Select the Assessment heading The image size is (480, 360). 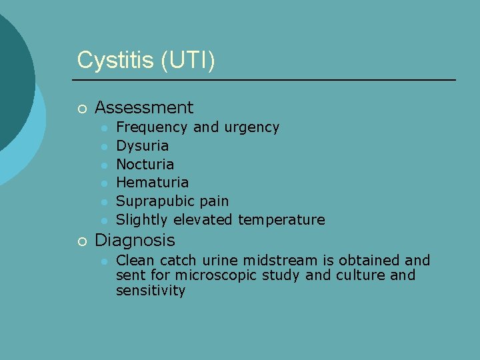click(x=144, y=107)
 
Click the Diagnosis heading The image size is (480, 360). click(x=135, y=240)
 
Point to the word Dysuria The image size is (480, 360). click(x=142, y=145)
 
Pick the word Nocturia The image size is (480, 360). click(x=145, y=164)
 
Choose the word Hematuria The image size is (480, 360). click(x=152, y=182)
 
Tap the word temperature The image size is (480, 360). click(x=281, y=219)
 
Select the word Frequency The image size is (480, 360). click(x=152, y=127)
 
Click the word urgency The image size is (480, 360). click(x=253, y=127)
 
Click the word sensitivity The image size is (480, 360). click(x=151, y=291)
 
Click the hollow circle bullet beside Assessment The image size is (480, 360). click(x=81, y=108)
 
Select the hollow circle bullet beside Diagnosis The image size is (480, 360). click(x=81, y=241)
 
